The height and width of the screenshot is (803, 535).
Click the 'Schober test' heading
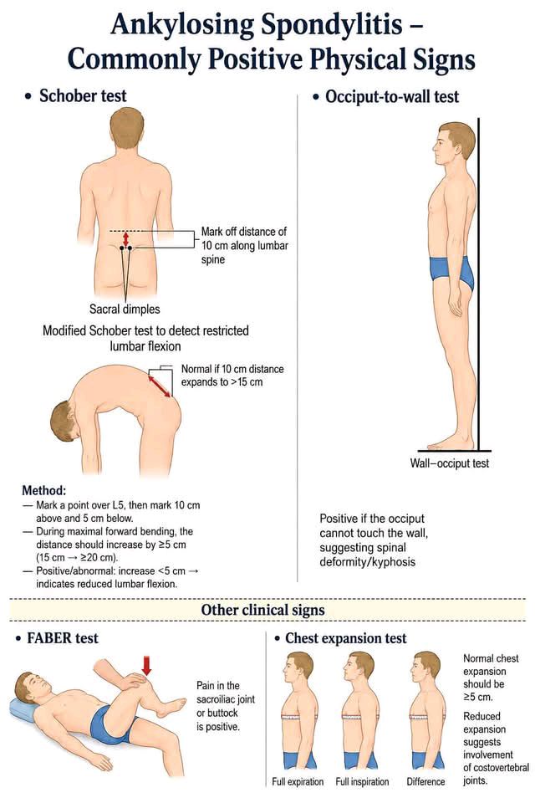point(83,95)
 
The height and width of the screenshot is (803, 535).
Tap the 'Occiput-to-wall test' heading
point(392,96)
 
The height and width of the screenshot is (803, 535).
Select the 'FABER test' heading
point(63,638)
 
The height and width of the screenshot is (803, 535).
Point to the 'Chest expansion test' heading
point(345,638)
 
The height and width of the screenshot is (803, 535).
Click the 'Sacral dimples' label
point(125,309)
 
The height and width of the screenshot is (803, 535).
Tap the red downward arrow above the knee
point(146,665)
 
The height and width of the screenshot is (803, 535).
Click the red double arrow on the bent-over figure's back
point(160,386)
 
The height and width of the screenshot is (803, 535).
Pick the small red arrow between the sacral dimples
point(126,239)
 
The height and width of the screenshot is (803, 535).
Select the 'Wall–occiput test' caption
point(449,463)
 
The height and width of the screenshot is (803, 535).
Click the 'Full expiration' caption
point(298,781)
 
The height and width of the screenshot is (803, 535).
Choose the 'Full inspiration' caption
point(362,781)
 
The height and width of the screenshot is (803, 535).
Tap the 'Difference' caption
point(425,781)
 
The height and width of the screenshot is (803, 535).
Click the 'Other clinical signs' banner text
point(262,610)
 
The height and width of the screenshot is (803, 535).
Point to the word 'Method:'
point(43,490)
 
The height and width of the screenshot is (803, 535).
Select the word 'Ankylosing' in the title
point(182,24)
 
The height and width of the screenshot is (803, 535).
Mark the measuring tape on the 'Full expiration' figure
point(298,717)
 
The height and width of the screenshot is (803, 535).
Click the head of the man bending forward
point(65,422)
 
